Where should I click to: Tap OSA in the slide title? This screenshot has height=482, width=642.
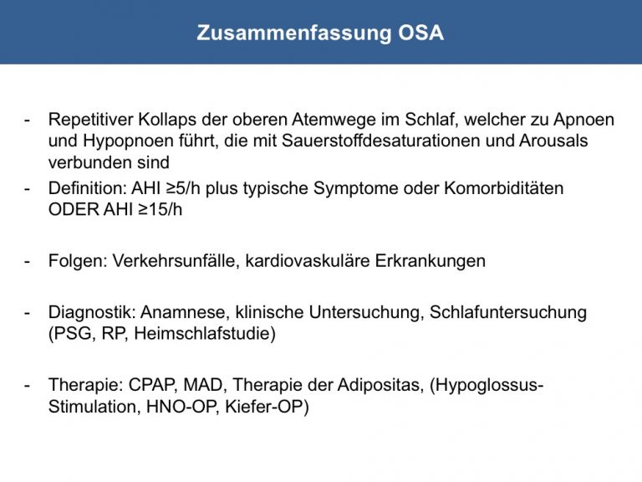(421, 33)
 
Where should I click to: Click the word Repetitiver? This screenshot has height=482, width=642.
(90, 120)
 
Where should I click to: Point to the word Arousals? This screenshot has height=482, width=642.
(553, 141)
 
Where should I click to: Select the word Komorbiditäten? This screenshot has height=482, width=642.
(503, 188)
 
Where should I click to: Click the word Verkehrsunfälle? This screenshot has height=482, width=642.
(176, 261)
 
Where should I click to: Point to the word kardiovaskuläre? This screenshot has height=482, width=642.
(308, 261)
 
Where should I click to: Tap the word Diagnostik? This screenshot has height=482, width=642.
(92, 313)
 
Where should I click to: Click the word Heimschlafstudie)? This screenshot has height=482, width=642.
(205, 334)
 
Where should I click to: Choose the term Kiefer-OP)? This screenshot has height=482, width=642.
(267, 407)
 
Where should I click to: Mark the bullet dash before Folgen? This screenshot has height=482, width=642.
(27, 262)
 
